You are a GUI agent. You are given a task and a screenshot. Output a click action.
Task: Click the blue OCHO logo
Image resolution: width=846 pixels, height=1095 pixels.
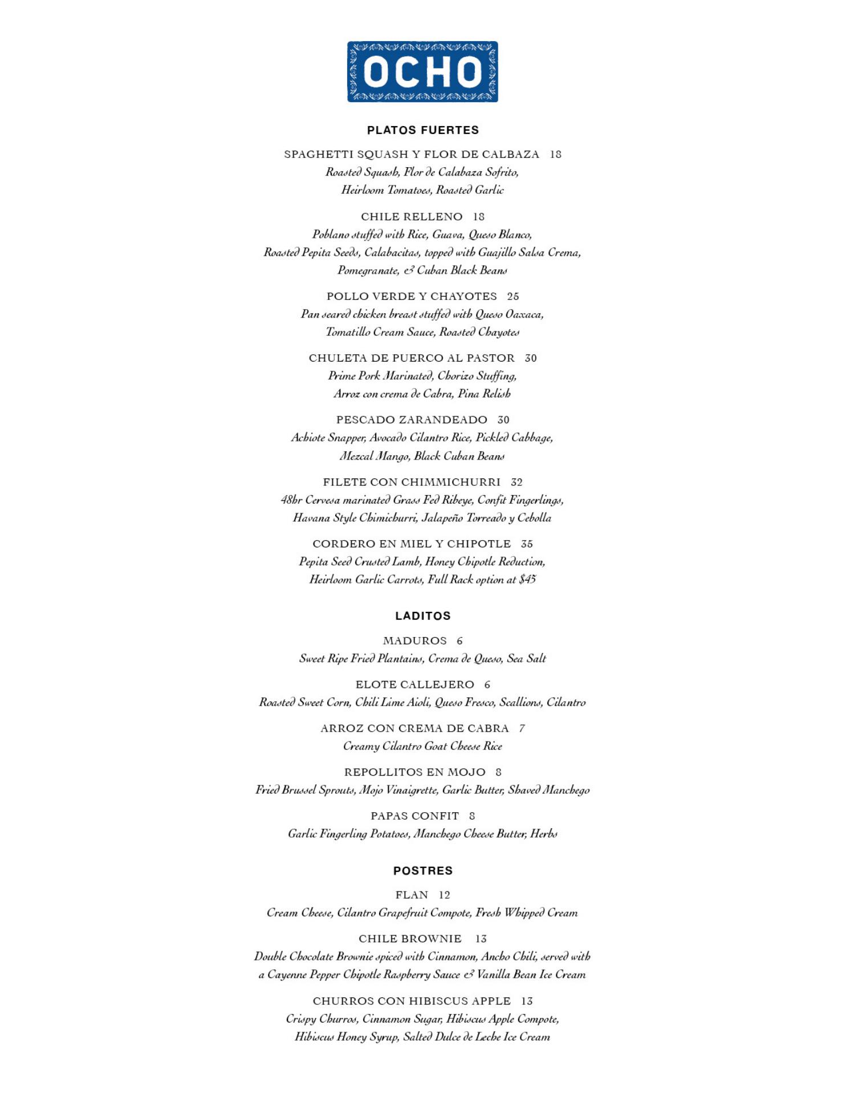(x=422, y=72)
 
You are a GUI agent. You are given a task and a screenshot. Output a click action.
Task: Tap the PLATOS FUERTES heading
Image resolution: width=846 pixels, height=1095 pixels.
(x=422, y=130)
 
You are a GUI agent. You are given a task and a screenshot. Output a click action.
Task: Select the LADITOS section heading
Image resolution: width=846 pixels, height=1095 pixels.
(x=422, y=616)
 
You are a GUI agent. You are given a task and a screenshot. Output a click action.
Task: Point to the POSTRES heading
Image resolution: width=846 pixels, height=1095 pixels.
(x=422, y=871)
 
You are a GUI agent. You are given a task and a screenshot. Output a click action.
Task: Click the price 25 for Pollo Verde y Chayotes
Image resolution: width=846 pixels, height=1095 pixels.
(x=513, y=297)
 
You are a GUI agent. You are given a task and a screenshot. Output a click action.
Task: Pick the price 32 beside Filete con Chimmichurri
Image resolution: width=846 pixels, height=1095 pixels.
(x=516, y=482)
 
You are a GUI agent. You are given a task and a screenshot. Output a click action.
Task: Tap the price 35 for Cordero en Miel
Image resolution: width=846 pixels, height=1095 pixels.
(x=527, y=544)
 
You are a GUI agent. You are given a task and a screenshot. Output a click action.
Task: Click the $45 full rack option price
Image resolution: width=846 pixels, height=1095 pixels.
(x=527, y=579)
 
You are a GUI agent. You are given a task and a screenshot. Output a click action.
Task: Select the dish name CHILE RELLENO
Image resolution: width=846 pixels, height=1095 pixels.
(x=412, y=217)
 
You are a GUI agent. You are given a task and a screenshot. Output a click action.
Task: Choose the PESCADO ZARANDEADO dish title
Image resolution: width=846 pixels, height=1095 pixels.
(x=412, y=420)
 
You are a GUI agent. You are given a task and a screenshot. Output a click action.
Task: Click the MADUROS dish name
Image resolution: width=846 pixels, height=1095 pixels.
(x=414, y=641)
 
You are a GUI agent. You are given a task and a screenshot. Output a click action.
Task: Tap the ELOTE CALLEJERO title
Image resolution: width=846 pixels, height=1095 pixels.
(x=414, y=685)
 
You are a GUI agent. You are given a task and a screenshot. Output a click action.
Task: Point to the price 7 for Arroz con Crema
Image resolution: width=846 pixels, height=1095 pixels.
(x=522, y=728)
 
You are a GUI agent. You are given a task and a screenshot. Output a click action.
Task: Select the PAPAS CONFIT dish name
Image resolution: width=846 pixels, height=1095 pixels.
(x=414, y=816)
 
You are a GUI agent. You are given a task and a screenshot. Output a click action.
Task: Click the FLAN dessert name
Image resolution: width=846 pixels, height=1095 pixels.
(x=412, y=895)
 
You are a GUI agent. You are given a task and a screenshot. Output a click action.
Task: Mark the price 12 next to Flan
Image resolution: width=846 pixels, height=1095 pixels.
(x=444, y=895)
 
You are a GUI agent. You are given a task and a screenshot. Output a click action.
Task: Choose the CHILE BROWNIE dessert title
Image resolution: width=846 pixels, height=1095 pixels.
(x=410, y=939)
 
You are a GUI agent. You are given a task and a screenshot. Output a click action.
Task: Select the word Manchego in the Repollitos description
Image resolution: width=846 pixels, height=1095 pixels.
(x=566, y=790)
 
